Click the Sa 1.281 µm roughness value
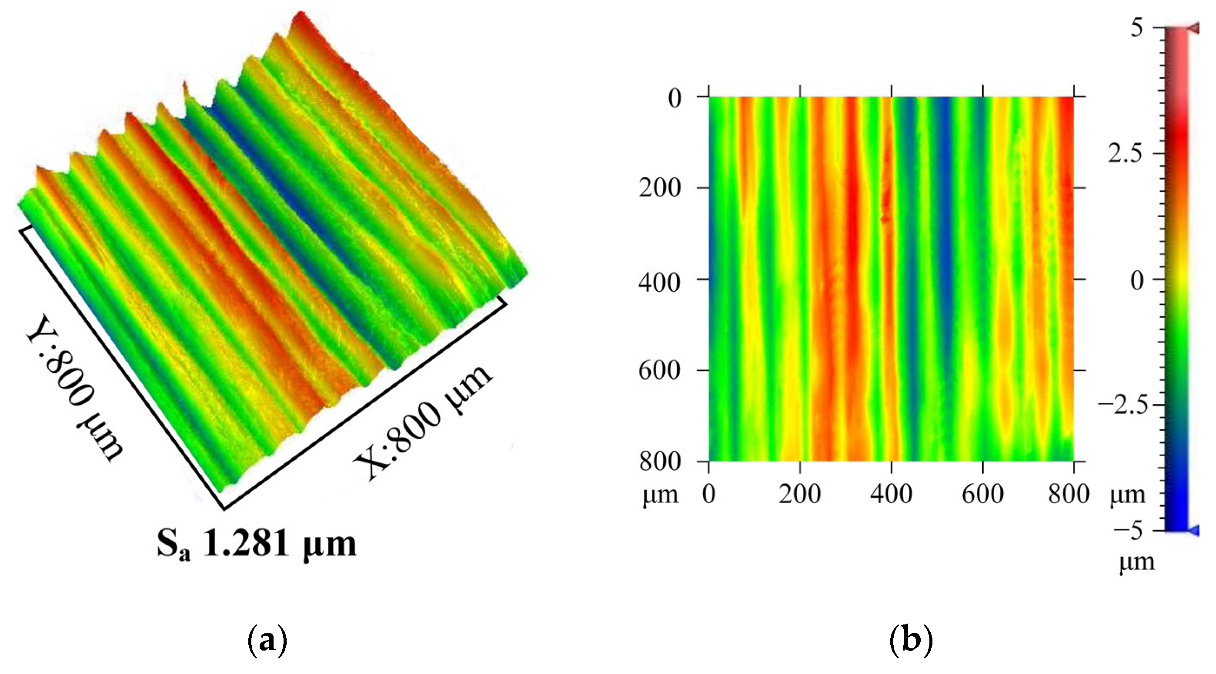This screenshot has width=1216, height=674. pos(256,545)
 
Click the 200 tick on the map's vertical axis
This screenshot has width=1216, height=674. pos(659,189)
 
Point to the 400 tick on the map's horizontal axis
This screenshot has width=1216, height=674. pos(891,494)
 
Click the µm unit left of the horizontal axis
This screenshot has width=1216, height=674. pos(660,495)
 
